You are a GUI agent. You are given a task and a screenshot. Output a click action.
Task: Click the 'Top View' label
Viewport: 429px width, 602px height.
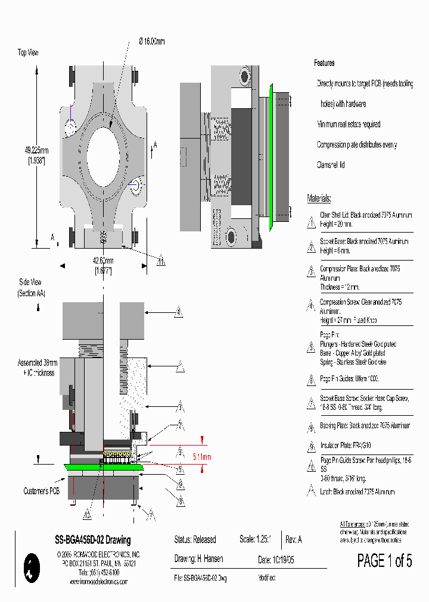pos(28,53)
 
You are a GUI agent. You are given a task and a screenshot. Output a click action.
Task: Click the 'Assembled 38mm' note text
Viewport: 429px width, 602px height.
pos(38,363)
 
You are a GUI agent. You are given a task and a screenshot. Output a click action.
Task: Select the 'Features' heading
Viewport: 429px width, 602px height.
pos(324,63)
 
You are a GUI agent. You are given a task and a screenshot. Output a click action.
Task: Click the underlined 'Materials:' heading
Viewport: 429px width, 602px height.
pos(319,199)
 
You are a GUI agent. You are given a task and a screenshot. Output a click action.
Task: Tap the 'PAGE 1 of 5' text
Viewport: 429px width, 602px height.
pos(384,560)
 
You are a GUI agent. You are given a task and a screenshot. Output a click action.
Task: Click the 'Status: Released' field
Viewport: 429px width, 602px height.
pos(195,540)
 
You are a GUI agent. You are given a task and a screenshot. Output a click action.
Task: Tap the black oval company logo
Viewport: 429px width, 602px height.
pos(30,567)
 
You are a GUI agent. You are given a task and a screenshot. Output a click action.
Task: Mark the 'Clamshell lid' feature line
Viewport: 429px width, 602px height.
pos(331,165)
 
